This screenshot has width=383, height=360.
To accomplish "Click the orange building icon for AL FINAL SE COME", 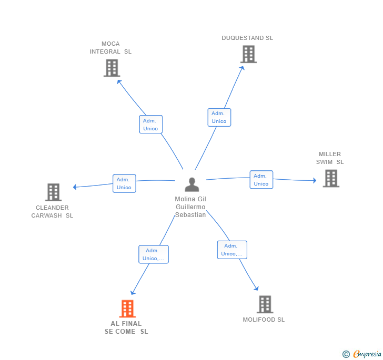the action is (x=127, y=308).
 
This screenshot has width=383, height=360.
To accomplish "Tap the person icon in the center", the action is (x=191, y=184).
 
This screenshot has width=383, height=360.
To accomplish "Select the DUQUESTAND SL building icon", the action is (x=248, y=54).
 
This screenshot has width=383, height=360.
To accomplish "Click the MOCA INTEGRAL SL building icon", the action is (x=112, y=68).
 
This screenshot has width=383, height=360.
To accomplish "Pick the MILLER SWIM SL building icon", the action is (x=331, y=178).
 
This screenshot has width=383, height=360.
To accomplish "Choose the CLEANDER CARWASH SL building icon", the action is (x=53, y=192).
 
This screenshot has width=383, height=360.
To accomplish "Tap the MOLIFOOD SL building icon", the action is (x=265, y=304).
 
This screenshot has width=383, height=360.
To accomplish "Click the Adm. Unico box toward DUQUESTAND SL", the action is (x=219, y=117).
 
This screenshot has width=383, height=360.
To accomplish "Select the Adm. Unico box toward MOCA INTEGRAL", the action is (x=150, y=125).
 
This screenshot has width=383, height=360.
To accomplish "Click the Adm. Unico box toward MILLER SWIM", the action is (x=261, y=180).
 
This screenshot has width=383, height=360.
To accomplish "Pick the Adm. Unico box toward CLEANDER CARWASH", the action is (x=124, y=183).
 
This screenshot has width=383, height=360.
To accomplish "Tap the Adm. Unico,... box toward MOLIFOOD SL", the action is (x=232, y=250).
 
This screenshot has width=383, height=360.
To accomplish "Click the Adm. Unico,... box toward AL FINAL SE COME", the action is (x=154, y=254).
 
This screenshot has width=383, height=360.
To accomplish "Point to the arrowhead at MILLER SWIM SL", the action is (x=315, y=180).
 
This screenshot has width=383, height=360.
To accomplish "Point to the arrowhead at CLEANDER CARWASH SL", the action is (x=75, y=187).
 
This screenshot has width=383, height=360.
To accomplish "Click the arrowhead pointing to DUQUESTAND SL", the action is (x=242, y=68).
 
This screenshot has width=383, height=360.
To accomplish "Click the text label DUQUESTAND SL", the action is (x=247, y=38).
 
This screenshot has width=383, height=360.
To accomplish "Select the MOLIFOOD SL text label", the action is (x=264, y=320).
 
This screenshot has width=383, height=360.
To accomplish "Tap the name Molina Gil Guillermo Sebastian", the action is (x=190, y=207).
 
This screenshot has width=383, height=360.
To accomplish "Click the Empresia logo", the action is (x=362, y=354).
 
